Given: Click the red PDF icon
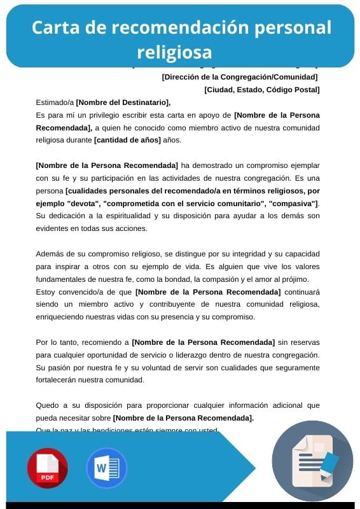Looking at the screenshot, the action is [x=47, y=468].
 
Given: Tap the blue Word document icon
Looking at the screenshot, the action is [x=107, y=468].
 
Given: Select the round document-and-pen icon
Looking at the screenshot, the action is [x=312, y=461].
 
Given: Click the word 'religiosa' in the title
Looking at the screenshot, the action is [x=174, y=51].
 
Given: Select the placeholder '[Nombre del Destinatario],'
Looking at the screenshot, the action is [x=123, y=102].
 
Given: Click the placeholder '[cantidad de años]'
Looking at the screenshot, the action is [x=127, y=140].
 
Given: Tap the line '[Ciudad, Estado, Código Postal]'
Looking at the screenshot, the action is [x=262, y=90].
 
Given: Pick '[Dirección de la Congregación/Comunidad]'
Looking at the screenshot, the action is [x=240, y=77].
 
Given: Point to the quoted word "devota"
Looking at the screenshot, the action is [x=80, y=203].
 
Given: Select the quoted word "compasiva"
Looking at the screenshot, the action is [x=293, y=203].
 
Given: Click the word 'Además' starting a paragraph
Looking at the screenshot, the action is [x=50, y=254].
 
